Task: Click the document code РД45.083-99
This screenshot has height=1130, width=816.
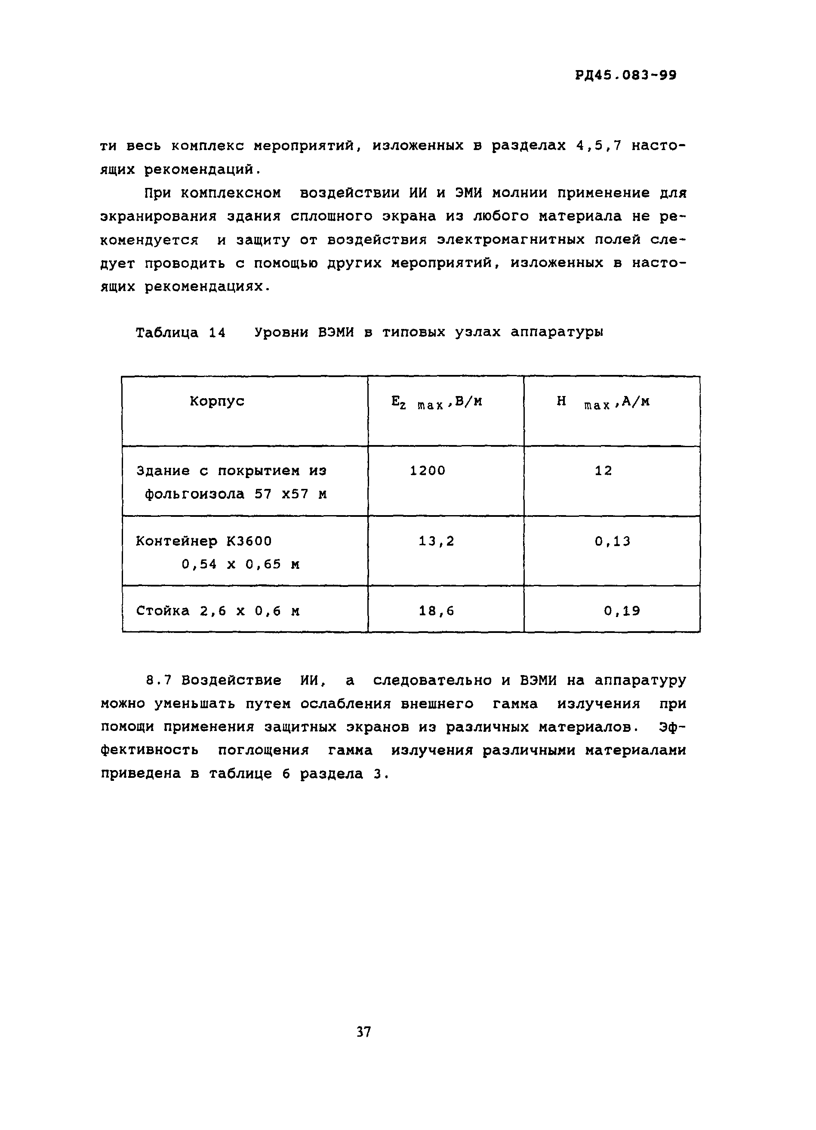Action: point(625,75)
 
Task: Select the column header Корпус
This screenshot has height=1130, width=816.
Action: point(217,401)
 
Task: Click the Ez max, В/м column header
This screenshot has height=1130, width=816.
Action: point(437,402)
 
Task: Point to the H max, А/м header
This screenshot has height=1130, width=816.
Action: point(603,402)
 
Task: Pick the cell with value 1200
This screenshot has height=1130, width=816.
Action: point(427,470)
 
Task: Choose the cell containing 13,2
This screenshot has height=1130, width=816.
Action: point(436,540)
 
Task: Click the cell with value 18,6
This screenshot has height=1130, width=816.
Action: point(436,611)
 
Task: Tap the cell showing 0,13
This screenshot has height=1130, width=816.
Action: point(612,540)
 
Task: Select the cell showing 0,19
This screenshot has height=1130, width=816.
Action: point(622,611)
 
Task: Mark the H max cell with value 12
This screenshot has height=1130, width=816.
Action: point(603,470)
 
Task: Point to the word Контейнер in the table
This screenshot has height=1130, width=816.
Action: point(176,540)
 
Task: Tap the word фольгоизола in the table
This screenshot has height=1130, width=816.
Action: point(194,494)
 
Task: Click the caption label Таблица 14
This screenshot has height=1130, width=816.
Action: point(180,332)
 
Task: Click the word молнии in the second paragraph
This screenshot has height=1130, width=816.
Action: point(521,193)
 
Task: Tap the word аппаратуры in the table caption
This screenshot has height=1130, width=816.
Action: point(557,332)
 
